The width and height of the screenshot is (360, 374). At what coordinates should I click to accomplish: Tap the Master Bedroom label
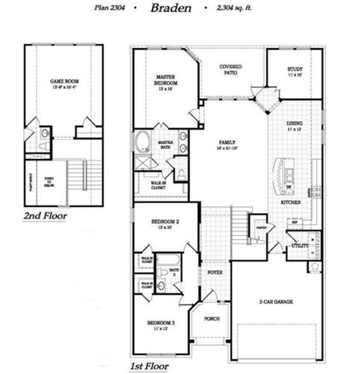[x=165, y=79]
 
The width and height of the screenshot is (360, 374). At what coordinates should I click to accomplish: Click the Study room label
[x=295, y=72]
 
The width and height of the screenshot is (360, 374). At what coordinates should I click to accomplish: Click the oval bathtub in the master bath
[x=142, y=141]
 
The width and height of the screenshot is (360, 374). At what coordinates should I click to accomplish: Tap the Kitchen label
[x=290, y=202]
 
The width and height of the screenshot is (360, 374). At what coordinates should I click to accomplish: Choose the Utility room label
[x=300, y=245]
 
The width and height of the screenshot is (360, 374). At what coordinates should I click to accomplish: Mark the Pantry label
[x=261, y=227]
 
